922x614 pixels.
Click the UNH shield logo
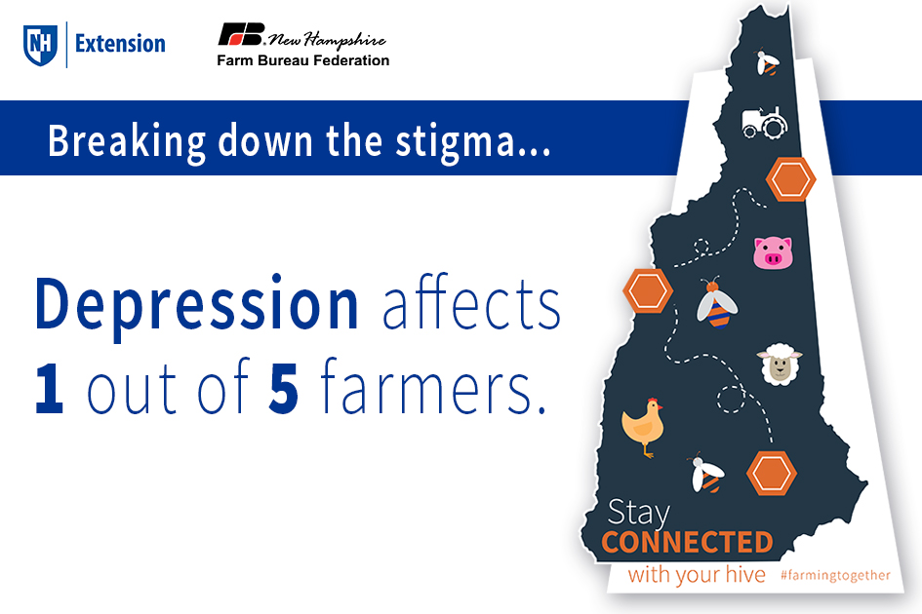click(40, 44)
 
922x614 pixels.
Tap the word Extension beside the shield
click(120, 44)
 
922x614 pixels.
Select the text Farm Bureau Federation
click(302, 60)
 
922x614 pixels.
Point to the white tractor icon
click(764, 122)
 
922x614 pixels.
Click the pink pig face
click(772, 253)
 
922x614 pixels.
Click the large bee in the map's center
click(716, 301)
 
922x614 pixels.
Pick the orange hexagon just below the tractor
click(790, 179)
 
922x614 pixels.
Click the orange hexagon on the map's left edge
click(648, 290)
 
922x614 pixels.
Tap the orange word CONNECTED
click(687, 542)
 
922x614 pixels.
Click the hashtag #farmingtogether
click(835, 576)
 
